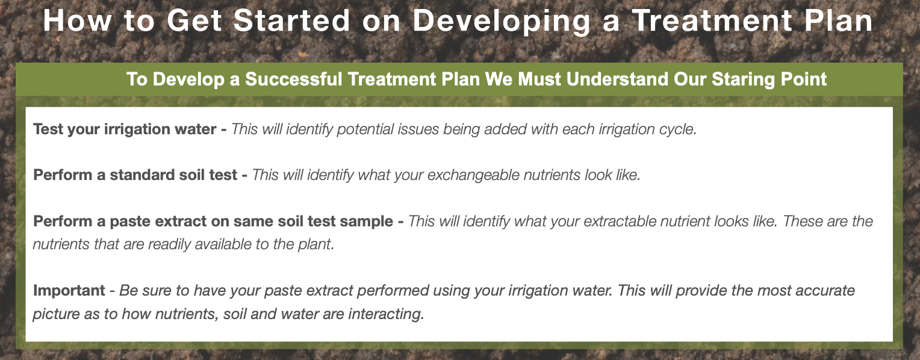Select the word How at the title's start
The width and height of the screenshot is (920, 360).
(71, 21)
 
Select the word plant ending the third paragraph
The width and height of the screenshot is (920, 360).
(317, 245)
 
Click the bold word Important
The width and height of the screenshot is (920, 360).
(69, 291)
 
